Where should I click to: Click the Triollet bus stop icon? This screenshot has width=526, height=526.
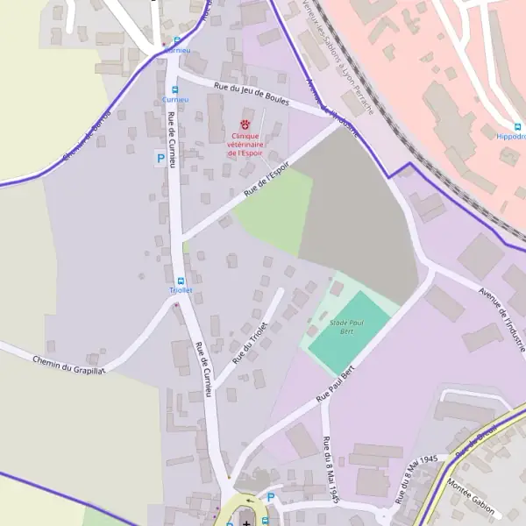coord(179,280)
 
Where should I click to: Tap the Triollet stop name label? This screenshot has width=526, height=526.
coord(180,289)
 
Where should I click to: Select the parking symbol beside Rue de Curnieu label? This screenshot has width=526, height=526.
coord(160,158)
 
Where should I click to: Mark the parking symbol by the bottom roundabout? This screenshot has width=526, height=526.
coord(270,497)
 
